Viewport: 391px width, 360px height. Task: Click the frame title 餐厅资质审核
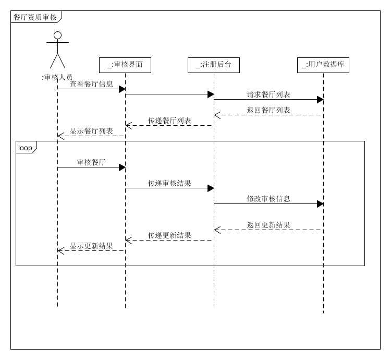35,17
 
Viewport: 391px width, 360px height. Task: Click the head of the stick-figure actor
57,35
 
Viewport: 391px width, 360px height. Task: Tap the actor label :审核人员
57,77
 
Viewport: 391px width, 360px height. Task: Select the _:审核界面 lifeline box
125,65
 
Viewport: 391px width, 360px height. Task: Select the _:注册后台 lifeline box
214,65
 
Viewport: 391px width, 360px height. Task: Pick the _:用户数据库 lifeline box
323,65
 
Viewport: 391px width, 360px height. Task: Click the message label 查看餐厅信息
91,84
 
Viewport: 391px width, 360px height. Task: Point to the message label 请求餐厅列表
268,94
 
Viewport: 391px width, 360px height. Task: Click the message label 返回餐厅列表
268,110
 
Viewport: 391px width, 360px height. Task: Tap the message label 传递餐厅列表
169,121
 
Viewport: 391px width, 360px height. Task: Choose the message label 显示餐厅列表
91,131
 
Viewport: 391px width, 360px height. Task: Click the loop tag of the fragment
25,148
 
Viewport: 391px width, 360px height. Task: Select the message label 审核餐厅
91,162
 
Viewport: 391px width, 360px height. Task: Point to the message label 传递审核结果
169,183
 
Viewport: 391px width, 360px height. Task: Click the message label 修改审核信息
268,199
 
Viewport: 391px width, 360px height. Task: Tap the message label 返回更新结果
268,225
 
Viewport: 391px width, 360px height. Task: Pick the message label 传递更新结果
169,235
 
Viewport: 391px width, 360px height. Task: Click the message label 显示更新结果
91,246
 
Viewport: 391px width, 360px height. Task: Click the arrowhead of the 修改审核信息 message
320,203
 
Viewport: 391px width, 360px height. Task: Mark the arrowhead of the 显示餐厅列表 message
60,136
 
